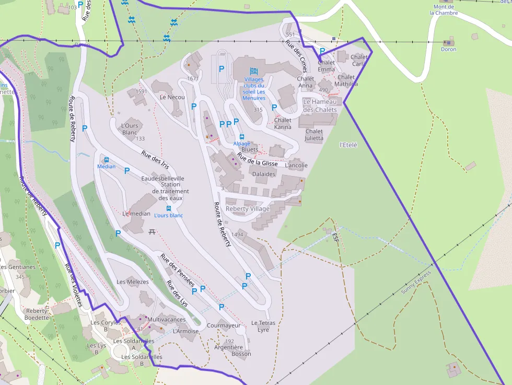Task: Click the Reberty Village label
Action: pyautogui.click(x=248, y=209)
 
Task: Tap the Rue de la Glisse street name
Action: pyautogui.click(x=257, y=159)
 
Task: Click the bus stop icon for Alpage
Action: pyautogui.click(x=242, y=137)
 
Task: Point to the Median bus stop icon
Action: pyautogui.click(x=107, y=160)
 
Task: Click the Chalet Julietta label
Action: pyautogui.click(x=314, y=135)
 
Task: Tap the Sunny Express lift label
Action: pyautogui.click(x=416, y=283)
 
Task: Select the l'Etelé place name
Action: pyautogui.click(x=348, y=145)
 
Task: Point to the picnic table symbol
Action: pyautogui.click(x=152, y=231)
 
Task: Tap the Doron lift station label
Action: pyautogui.click(x=448, y=49)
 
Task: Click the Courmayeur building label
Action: pyautogui.click(x=224, y=325)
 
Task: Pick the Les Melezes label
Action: pyautogui.click(x=133, y=282)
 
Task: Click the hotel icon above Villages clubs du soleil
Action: pyautogui.click(x=254, y=71)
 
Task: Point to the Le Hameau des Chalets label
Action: pyautogui.click(x=320, y=106)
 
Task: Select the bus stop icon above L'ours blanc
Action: pyautogui.click(x=169, y=208)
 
